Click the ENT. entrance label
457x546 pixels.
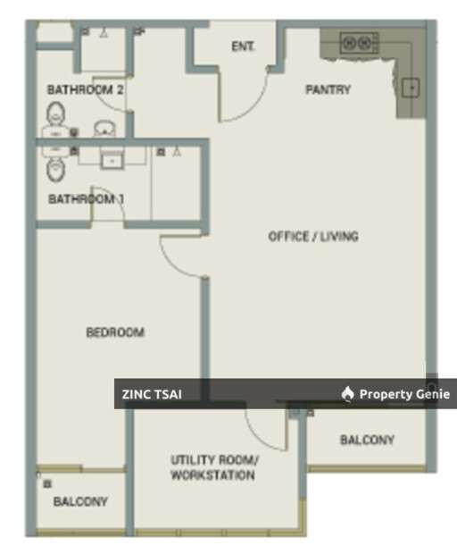coord(243,46)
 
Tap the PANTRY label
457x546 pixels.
coord(328,90)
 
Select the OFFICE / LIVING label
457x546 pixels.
coord(313,237)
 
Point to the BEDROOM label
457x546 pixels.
coord(115,332)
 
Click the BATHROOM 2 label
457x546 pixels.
coord(86,90)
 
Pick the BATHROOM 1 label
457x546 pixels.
coord(87,199)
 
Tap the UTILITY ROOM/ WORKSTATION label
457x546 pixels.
coord(214,467)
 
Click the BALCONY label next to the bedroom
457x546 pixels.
coord(80,501)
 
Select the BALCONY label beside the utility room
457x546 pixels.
coord(367,440)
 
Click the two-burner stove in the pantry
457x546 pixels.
coord(360,43)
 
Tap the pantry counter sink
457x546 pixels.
coord(411,88)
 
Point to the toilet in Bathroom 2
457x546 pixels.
coord(55,113)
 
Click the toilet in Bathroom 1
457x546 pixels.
coord(55,170)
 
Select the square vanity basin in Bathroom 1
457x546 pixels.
coord(112,161)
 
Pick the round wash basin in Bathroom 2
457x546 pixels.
coord(104,129)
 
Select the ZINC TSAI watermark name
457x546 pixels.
coord(152,394)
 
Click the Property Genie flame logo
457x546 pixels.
coord(347,394)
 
